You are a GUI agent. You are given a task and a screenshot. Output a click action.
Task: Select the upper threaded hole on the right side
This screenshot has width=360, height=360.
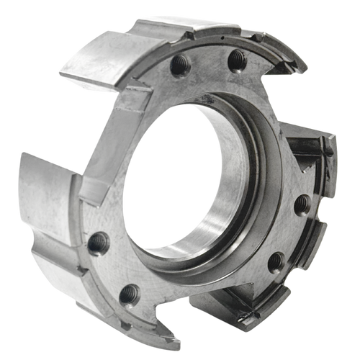[302, 204]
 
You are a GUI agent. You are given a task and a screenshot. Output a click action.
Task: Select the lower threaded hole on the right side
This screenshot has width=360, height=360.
[276, 261]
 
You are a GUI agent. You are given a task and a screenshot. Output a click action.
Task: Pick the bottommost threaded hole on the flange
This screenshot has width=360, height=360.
[130, 292]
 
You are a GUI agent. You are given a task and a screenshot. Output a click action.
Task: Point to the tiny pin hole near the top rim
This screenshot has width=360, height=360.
[225, 34]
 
